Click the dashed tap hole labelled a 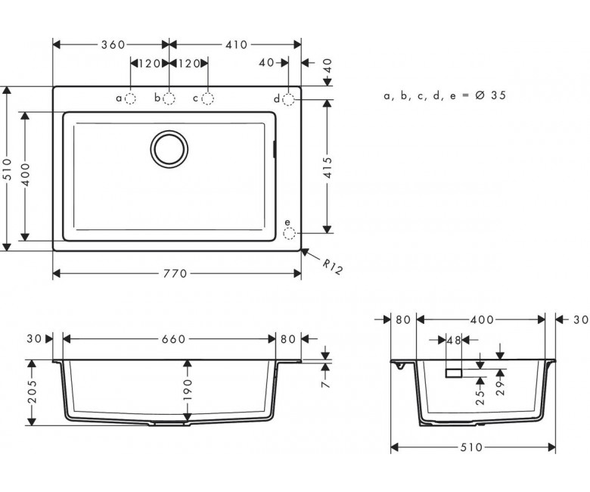[x=130, y=98]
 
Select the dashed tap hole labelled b [x=169, y=98]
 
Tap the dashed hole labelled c [x=208, y=98]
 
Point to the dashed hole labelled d [x=288, y=99]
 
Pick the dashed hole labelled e [x=289, y=233]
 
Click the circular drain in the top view [x=169, y=148]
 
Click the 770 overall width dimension [x=175, y=273]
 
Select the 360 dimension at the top [x=113, y=45]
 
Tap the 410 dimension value [x=236, y=45]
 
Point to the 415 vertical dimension [x=328, y=167]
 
